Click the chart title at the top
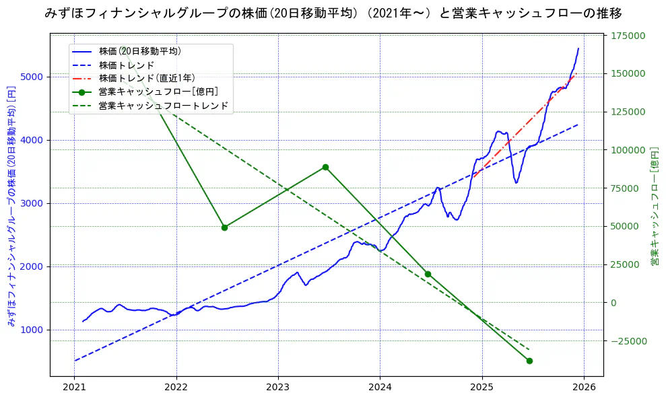(x=333, y=13)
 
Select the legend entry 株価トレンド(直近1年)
(x=146, y=78)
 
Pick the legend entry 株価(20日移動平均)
(x=139, y=50)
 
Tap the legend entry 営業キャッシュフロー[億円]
(x=158, y=92)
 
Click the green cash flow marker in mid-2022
(x=224, y=227)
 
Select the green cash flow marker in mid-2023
(x=325, y=167)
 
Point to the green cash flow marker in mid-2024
(x=428, y=274)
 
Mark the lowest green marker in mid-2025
(x=529, y=361)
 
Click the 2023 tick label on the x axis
(x=278, y=388)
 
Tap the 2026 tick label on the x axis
(x=584, y=388)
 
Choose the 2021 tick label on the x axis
(x=75, y=388)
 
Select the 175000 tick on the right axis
(x=627, y=36)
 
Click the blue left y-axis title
(x=11, y=205)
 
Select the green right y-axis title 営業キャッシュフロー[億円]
(x=653, y=205)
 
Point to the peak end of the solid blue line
(x=578, y=48)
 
